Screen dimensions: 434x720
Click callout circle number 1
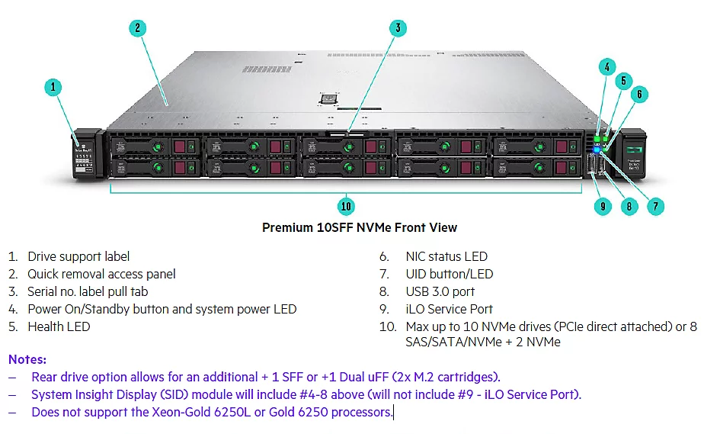(x=53, y=87)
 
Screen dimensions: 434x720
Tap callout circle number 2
(x=137, y=29)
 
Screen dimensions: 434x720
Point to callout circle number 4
(x=606, y=66)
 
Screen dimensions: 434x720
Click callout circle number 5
(x=623, y=80)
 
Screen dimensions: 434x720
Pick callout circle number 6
(x=640, y=94)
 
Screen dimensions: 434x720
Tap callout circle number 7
(x=655, y=205)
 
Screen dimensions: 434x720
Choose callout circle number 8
(x=629, y=205)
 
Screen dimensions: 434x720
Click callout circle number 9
(x=603, y=205)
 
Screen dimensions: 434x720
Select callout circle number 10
(x=347, y=205)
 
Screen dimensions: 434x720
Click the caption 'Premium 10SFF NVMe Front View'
(x=360, y=227)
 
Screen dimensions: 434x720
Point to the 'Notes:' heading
(x=27, y=359)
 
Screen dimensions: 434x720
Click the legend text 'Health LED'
(x=59, y=326)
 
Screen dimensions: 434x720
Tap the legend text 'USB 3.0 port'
(x=440, y=291)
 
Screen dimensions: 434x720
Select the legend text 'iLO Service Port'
(x=449, y=309)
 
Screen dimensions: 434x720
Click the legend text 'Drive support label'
(x=78, y=256)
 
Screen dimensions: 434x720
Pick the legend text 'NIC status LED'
(x=446, y=256)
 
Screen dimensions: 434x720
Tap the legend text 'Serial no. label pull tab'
(x=88, y=291)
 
